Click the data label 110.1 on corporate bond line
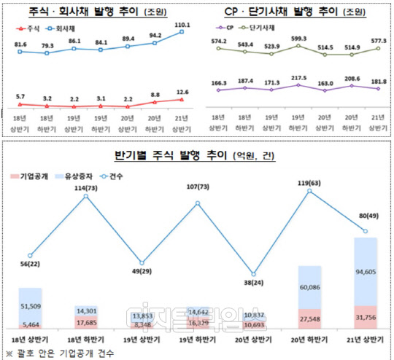[x=180, y=24]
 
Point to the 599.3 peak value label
[x=298, y=39]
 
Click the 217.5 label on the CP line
[x=298, y=77]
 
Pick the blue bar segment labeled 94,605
[x=367, y=273]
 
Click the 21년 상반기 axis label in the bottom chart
[x=367, y=341]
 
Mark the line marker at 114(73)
[x=87, y=195]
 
